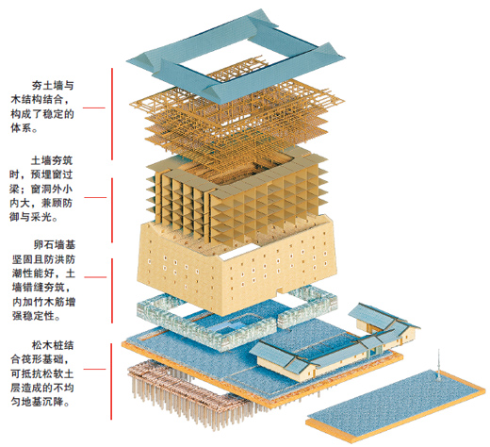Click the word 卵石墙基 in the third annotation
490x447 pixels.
[55, 245]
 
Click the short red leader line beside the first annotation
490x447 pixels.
[94, 108]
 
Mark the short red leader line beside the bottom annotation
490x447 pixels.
[94, 369]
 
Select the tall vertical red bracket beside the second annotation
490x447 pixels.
[112, 210]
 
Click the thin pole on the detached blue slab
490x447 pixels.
[438, 364]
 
